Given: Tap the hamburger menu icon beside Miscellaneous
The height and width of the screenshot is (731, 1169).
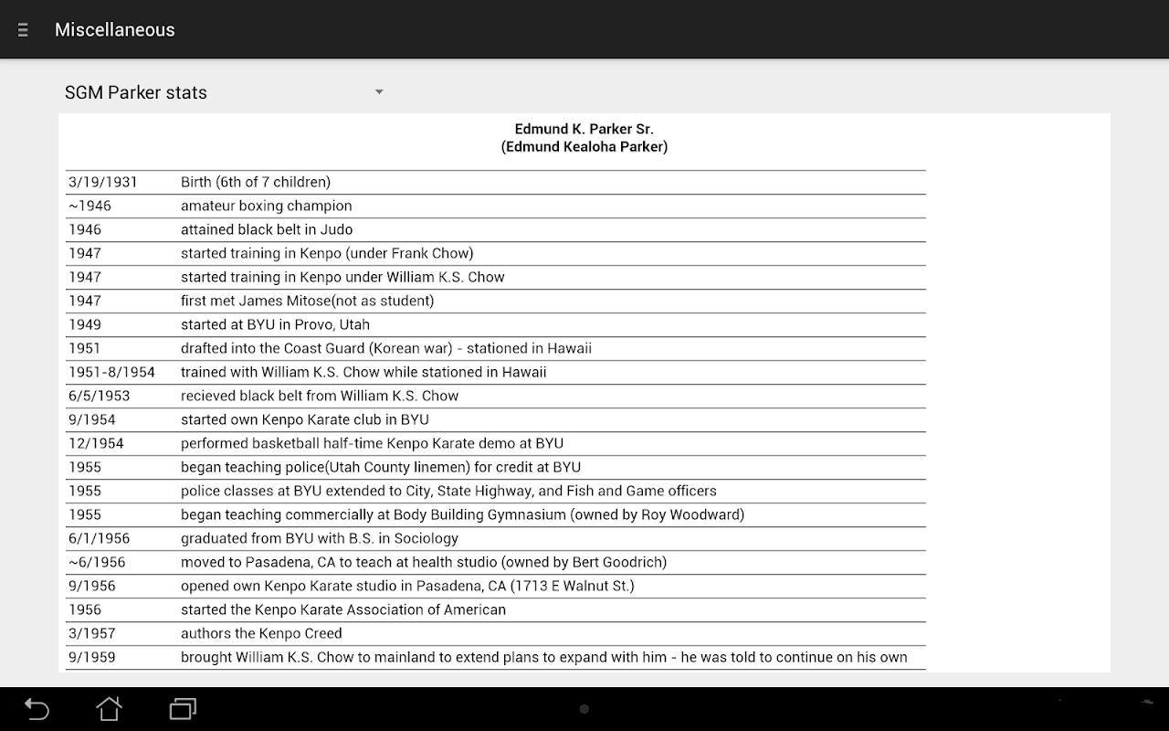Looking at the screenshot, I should pyautogui.click(x=23, y=30).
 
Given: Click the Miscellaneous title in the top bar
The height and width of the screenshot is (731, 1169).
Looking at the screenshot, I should pyautogui.click(x=114, y=30).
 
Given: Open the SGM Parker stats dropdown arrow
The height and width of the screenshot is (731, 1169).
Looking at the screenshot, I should pyautogui.click(x=379, y=92).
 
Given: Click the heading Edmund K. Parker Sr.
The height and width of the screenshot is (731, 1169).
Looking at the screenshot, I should pyautogui.click(x=584, y=129).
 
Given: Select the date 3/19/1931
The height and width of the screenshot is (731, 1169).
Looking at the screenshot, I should pyautogui.click(x=102, y=182).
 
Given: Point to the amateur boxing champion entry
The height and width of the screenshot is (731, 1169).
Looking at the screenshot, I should pyautogui.click(x=266, y=206).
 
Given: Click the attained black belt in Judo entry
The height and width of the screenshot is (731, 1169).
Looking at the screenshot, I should pyautogui.click(x=266, y=229).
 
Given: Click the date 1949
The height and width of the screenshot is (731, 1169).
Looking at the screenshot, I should pyautogui.click(x=85, y=324).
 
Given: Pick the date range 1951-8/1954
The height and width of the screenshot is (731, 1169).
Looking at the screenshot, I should pyautogui.click(x=111, y=372).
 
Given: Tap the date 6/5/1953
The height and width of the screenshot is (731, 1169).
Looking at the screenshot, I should pyautogui.click(x=99, y=396).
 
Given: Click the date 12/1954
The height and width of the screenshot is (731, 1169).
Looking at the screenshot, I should pyautogui.click(x=96, y=443).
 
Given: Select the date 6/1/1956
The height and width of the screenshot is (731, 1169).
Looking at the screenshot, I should pyautogui.click(x=99, y=538).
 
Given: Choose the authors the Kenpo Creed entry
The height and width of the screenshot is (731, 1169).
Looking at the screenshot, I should pyautogui.click(x=261, y=633).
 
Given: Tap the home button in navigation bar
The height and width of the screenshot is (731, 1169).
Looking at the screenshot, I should pyautogui.click(x=110, y=709).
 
